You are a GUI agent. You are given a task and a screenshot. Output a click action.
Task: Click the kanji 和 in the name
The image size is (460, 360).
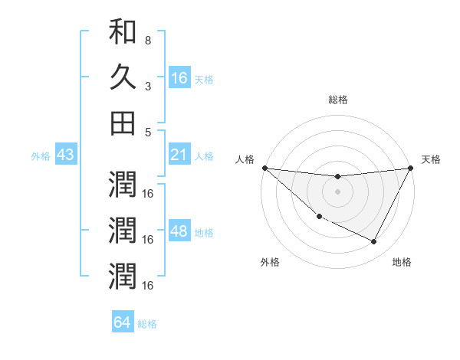pos(123,33)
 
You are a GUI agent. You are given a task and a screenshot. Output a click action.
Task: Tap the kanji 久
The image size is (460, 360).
pos(123,77)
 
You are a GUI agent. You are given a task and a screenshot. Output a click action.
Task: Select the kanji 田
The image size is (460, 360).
pos(123,122)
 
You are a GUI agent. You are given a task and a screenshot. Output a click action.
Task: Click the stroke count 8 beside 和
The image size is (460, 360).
pos(147,40)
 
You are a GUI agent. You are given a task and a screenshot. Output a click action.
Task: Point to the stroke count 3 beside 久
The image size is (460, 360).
pos(147,85)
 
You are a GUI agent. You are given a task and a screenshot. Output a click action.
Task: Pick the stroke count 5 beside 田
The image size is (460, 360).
pos(147,131)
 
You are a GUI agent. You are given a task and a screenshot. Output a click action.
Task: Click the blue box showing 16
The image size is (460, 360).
pos(179,77)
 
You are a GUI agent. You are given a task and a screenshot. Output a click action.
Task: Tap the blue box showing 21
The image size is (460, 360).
pos(179,155)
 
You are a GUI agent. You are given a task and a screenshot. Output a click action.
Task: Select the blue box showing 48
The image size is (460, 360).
pos(179,232)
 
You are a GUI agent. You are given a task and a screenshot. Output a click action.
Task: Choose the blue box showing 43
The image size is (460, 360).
pos(66,155)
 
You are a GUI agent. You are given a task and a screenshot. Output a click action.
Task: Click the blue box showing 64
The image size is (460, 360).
pos(123,322)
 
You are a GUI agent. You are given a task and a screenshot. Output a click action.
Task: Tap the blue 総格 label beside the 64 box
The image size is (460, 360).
pos(147,324)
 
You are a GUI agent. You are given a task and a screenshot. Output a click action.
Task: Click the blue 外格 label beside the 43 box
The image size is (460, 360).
pos(41,156)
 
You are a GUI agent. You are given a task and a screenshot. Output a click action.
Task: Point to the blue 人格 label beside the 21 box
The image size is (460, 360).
pos(204,156)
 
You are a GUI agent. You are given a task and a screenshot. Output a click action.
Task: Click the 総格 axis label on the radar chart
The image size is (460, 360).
pos(337,100)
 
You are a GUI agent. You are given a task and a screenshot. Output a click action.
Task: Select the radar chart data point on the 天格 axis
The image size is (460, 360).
pos(411,168)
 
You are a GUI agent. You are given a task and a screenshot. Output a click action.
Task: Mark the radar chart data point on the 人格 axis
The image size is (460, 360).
pos(264,168)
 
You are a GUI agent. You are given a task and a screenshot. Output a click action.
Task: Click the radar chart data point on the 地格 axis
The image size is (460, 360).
pos(374,242)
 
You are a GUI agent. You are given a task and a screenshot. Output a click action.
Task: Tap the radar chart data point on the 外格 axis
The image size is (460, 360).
pos(319,217)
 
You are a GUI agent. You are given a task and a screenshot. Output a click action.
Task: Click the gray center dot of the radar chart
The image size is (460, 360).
pos(337,191)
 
